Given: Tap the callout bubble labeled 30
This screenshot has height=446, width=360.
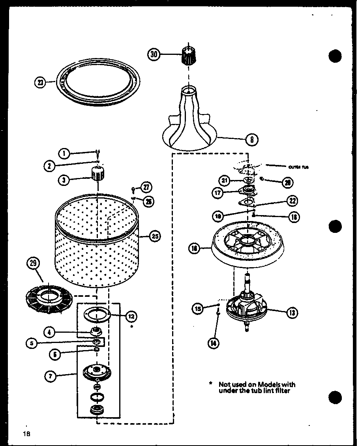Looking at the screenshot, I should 154,54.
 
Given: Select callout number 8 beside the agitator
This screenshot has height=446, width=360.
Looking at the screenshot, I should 251,139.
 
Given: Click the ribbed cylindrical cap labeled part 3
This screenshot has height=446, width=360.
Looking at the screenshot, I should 97,174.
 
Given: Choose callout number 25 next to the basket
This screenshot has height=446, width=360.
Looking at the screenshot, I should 154,236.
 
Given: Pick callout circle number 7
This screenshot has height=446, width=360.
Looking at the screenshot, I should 50,376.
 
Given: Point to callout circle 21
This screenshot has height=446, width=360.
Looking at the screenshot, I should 225,181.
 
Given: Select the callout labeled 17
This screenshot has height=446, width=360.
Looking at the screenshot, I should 217,193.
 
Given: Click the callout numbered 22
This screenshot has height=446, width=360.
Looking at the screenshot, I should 292,201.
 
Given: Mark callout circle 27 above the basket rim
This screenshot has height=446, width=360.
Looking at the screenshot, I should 146,187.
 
